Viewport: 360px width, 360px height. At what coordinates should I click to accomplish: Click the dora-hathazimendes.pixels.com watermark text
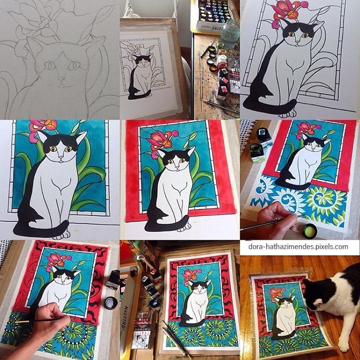298,247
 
